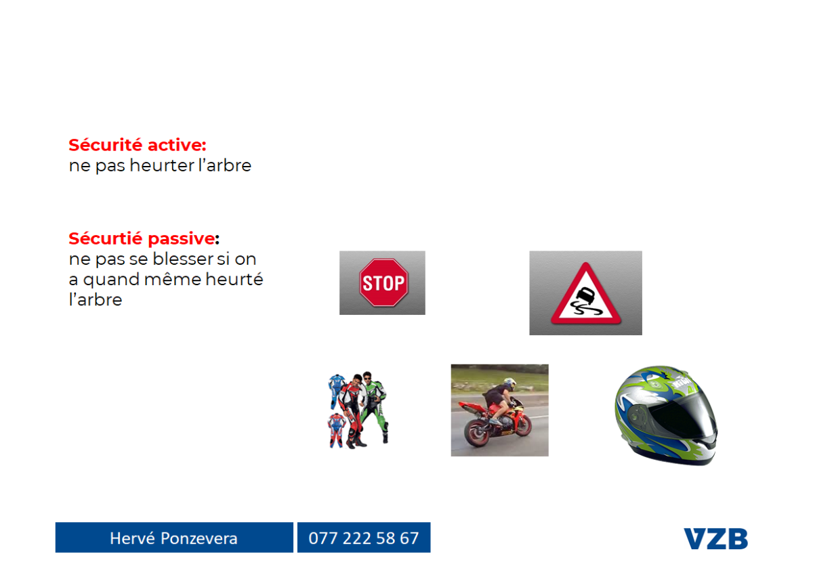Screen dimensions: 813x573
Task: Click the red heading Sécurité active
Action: click(138, 145)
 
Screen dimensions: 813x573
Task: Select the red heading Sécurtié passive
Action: click(142, 239)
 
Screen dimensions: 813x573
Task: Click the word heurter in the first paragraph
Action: click(162, 165)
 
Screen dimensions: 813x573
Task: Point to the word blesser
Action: click(183, 259)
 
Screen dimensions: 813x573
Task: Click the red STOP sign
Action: click(383, 282)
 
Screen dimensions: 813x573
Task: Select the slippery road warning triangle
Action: click(585, 294)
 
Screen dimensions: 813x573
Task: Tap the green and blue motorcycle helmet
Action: click(667, 415)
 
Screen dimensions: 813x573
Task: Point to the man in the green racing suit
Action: click(375, 406)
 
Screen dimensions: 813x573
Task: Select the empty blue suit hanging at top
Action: click(337, 391)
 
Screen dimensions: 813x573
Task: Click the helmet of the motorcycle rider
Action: click(509, 383)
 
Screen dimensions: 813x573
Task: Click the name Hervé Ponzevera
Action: click(173, 538)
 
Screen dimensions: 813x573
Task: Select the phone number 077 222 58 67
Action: click(364, 538)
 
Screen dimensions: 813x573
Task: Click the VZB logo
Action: click(715, 538)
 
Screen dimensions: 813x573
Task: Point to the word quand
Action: click(111, 280)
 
